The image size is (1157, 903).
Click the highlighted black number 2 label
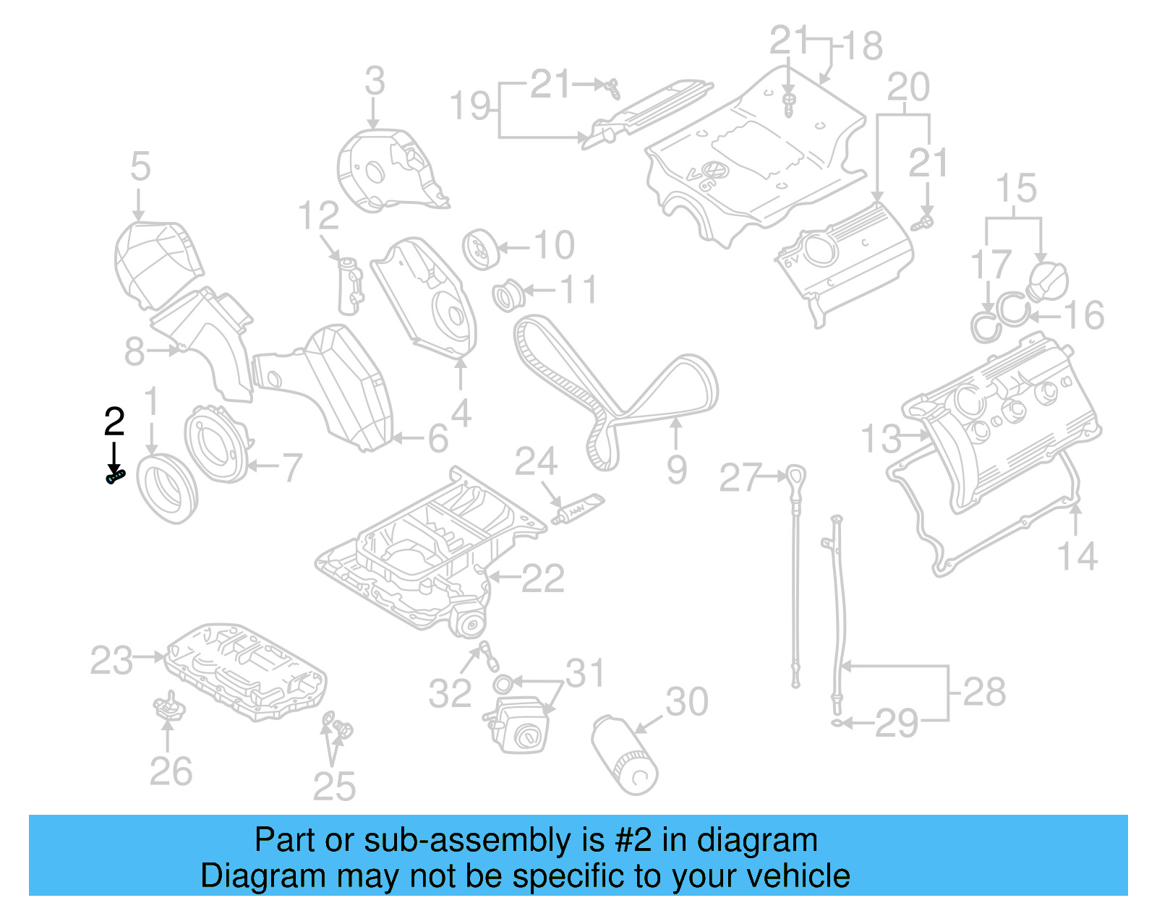pos(114,422)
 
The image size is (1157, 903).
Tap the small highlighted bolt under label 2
pos(116,476)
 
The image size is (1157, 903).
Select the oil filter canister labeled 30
pos(625,755)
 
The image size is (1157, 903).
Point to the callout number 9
pos(676,470)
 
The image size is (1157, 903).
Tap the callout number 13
pos(881,439)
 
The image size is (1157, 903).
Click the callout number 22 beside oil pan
pos(542,578)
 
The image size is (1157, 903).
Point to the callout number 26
pos(171,771)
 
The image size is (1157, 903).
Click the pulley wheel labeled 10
pos(479,248)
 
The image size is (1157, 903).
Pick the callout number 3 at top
pos(375,81)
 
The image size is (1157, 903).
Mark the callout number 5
pos(140,167)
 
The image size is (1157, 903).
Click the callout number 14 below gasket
pos(1077,556)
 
